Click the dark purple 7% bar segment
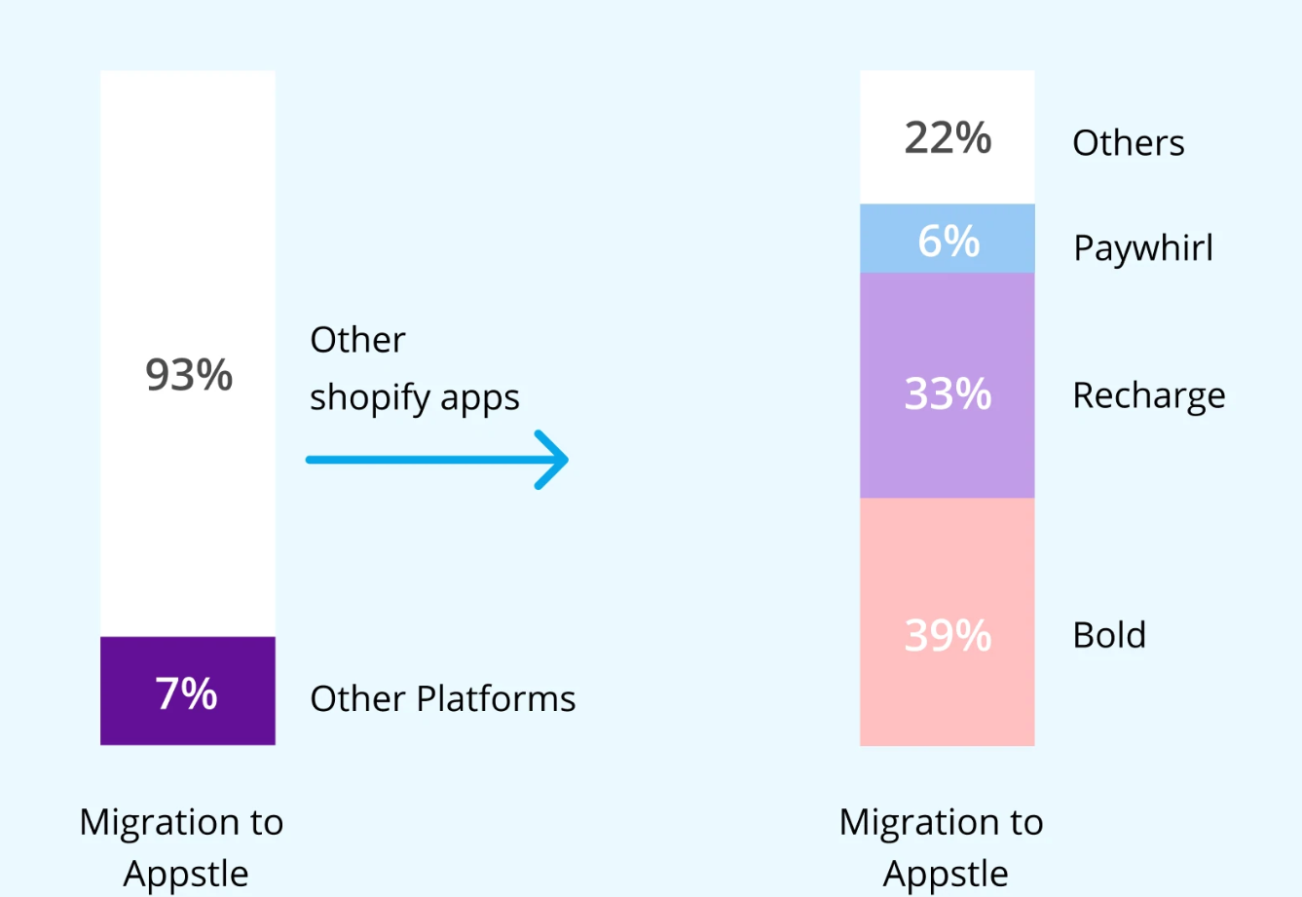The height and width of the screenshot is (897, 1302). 188,691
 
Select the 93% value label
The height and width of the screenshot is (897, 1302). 189,374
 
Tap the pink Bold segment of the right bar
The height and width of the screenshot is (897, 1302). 947,621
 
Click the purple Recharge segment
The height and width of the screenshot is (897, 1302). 947,386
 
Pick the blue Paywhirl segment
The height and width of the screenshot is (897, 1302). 947,239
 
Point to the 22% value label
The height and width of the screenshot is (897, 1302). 948,137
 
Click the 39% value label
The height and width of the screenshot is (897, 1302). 948,635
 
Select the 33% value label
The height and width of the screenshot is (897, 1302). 948,393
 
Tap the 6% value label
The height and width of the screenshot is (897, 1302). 949,241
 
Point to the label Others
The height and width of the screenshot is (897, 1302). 1129,143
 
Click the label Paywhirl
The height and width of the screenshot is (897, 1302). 1142,248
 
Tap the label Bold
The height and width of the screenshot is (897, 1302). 1109,634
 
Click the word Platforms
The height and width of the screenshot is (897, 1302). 496,697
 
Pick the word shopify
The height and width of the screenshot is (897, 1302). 369,398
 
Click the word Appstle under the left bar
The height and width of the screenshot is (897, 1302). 186,874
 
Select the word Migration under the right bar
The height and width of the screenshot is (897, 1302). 905,823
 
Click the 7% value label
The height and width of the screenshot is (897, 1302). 186,692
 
